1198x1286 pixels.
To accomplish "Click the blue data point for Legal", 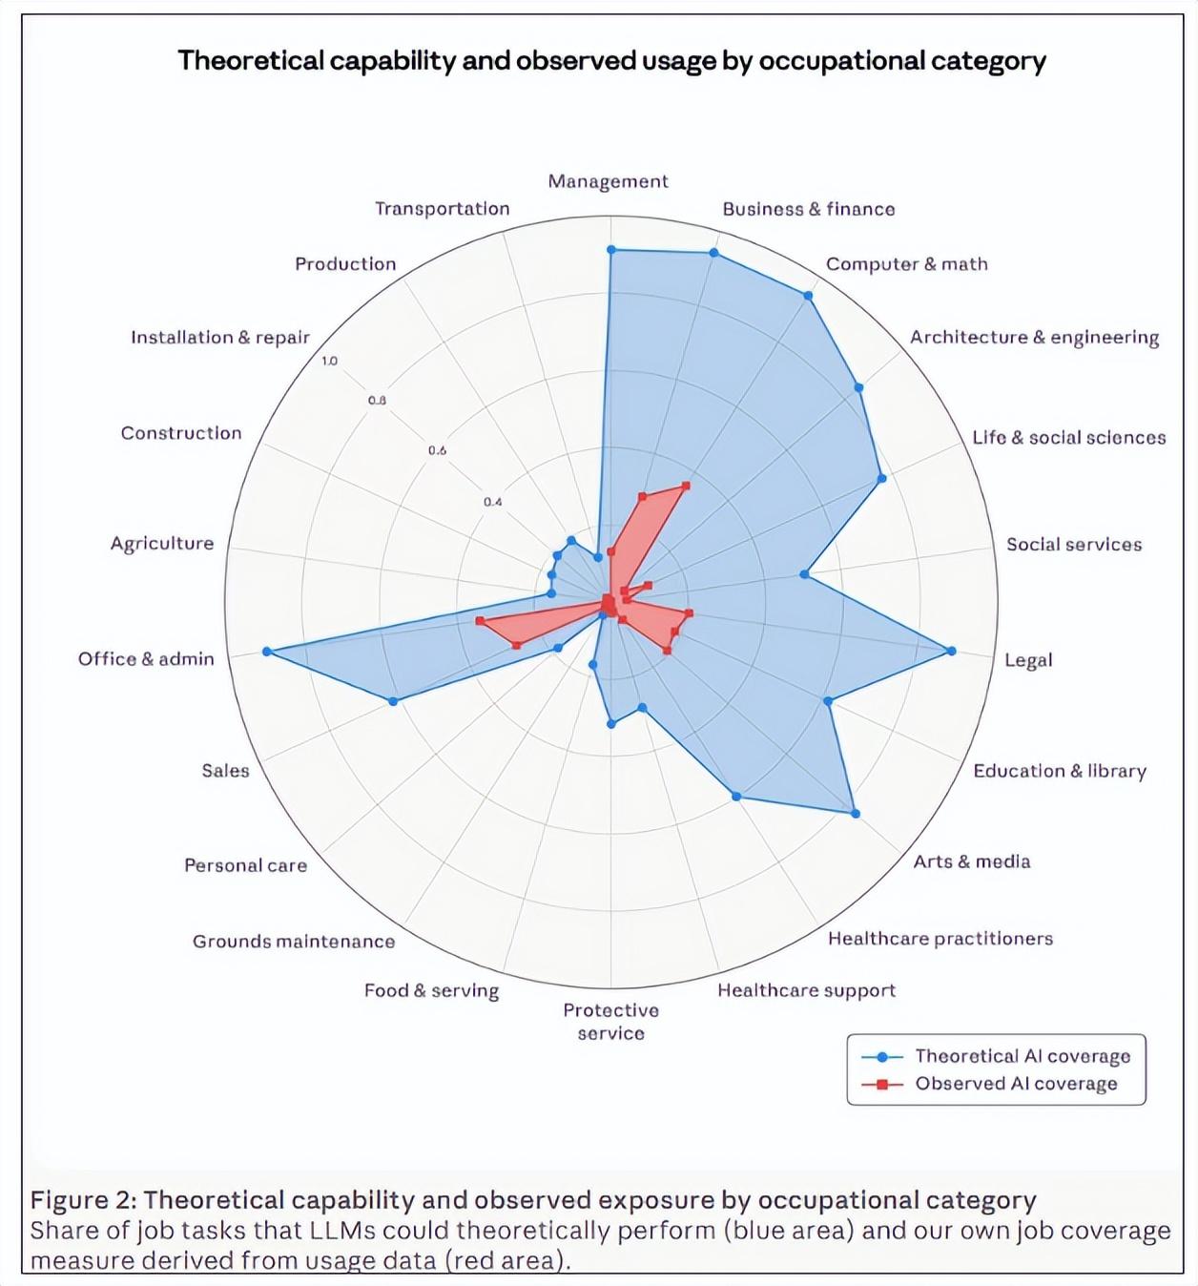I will click(x=950, y=651).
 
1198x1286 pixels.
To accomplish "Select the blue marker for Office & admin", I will click(x=267, y=652).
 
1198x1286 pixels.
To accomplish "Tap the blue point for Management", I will click(x=611, y=250).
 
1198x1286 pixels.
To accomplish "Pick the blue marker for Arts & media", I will click(x=855, y=814).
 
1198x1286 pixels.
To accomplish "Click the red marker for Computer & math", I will click(x=685, y=487).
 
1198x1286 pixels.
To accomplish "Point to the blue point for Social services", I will click(x=804, y=574).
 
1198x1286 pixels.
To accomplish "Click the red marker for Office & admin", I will click(x=480, y=621).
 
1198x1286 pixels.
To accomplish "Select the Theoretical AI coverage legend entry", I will click(x=996, y=1056).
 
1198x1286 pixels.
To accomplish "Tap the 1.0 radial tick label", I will click(x=329, y=361).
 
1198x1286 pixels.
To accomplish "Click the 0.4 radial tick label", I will click(x=492, y=502).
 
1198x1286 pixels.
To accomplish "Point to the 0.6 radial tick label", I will click(x=437, y=450).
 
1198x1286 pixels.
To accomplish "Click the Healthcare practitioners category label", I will click(x=940, y=939).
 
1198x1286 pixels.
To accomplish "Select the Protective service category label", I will click(x=610, y=1022).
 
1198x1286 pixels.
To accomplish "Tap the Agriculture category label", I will click(x=162, y=543).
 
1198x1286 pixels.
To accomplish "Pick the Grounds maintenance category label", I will click(x=294, y=942).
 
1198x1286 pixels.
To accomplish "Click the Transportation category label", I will click(x=442, y=209).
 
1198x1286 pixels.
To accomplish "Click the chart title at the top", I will click(x=611, y=61).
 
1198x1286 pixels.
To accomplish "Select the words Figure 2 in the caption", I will click(x=82, y=1200).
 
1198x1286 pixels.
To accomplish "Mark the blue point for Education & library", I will click(x=828, y=701).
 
